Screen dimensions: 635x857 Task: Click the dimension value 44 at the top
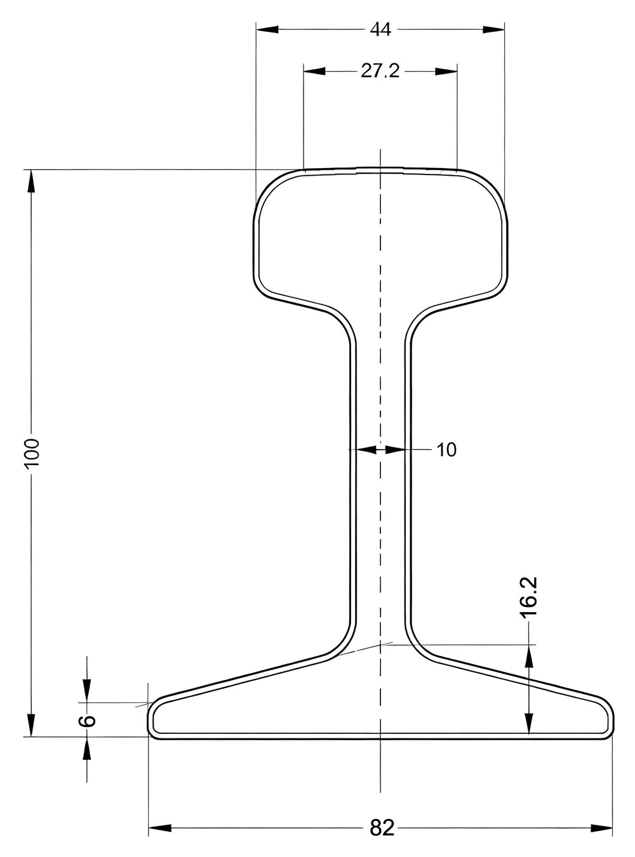pos(380,29)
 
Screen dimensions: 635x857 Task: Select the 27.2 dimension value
pos(380,72)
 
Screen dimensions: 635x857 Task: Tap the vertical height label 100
pos(33,452)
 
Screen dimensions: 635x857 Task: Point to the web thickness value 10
pos(446,449)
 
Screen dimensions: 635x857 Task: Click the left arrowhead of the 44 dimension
pos(267,29)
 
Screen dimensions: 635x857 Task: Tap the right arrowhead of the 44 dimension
pos(494,29)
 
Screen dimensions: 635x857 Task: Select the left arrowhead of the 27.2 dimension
pos(314,72)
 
